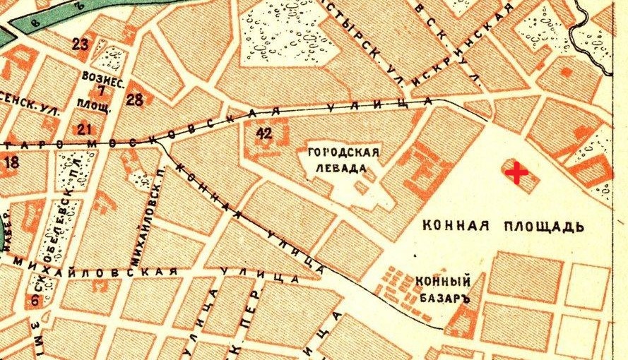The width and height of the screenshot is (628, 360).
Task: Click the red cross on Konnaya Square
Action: [517, 172]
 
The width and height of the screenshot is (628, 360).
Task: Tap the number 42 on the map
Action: [265, 134]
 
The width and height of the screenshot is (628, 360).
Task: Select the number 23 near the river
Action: [81, 44]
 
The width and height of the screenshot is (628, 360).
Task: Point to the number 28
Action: [135, 99]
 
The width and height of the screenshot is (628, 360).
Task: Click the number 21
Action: [85, 128]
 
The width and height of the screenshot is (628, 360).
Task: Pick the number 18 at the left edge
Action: [11, 163]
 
